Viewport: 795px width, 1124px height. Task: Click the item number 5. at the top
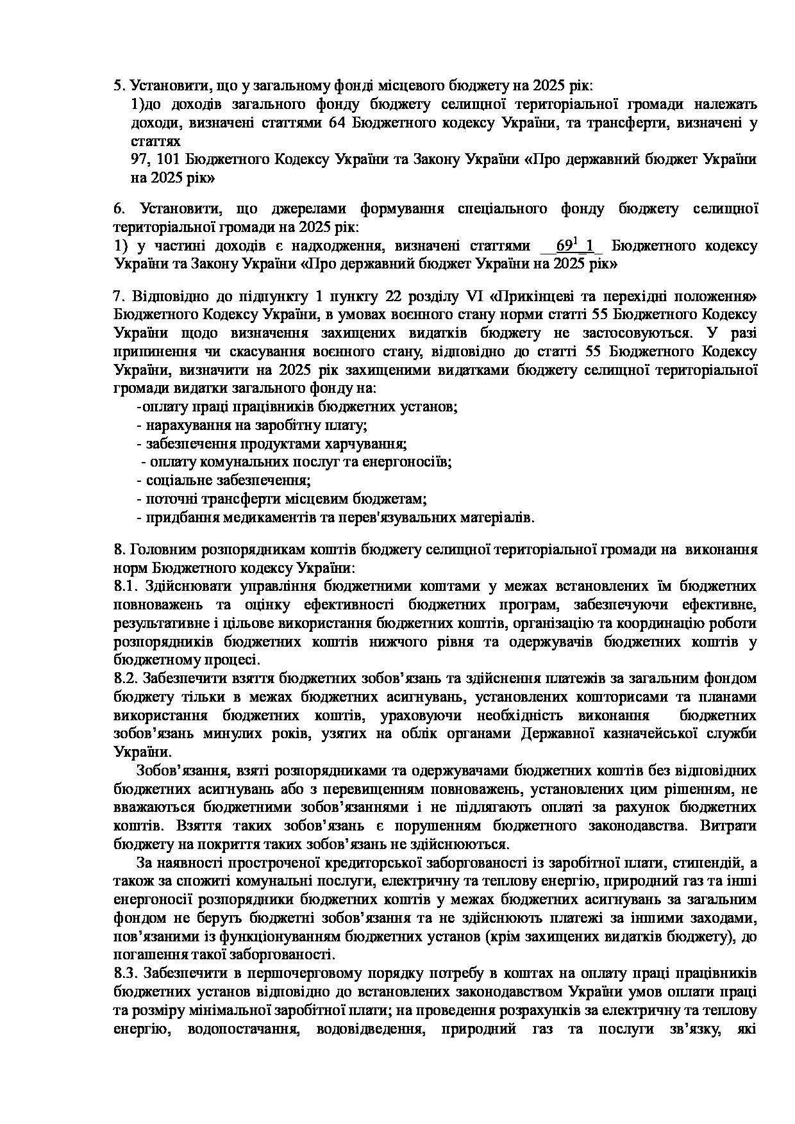(x=120, y=85)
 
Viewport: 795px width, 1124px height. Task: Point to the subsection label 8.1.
(x=126, y=586)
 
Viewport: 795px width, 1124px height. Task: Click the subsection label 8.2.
(x=126, y=679)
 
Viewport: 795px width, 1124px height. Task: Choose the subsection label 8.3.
(x=126, y=974)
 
